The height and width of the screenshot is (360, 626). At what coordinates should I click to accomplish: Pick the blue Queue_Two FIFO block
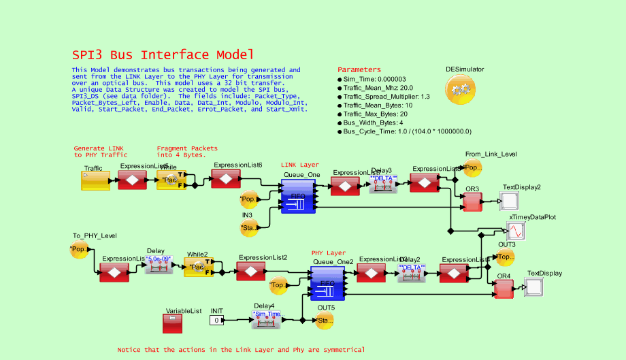pyautogui.click(x=327, y=283)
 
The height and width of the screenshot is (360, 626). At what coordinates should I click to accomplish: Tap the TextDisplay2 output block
pyautogui.click(x=509, y=201)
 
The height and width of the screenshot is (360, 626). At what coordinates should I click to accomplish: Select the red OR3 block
pyautogui.click(x=472, y=201)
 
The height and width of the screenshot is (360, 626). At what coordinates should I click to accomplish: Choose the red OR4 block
pyautogui.click(x=503, y=289)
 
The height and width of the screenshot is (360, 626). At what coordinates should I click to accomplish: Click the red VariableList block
pyautogui.click(x=172, y=323)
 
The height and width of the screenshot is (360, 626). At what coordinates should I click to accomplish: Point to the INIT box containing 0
pyautogui.click(x=216, y=320)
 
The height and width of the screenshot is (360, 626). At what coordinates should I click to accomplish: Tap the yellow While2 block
pyautogui.click(x=199, y=267)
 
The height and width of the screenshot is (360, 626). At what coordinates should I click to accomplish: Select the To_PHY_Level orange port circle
pyautogui.click(x=78, y=250)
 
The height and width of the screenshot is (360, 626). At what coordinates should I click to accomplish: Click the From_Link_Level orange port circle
pyautogui.click(x=472, y=167)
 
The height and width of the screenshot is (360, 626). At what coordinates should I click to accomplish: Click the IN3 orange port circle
pyautogui.click(x=250, y=227)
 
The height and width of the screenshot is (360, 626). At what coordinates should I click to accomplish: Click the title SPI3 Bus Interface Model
pyautogui.click(x=163, y=55)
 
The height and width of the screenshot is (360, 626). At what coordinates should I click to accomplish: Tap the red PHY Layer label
pyautogui.click(x=328, y=252)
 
